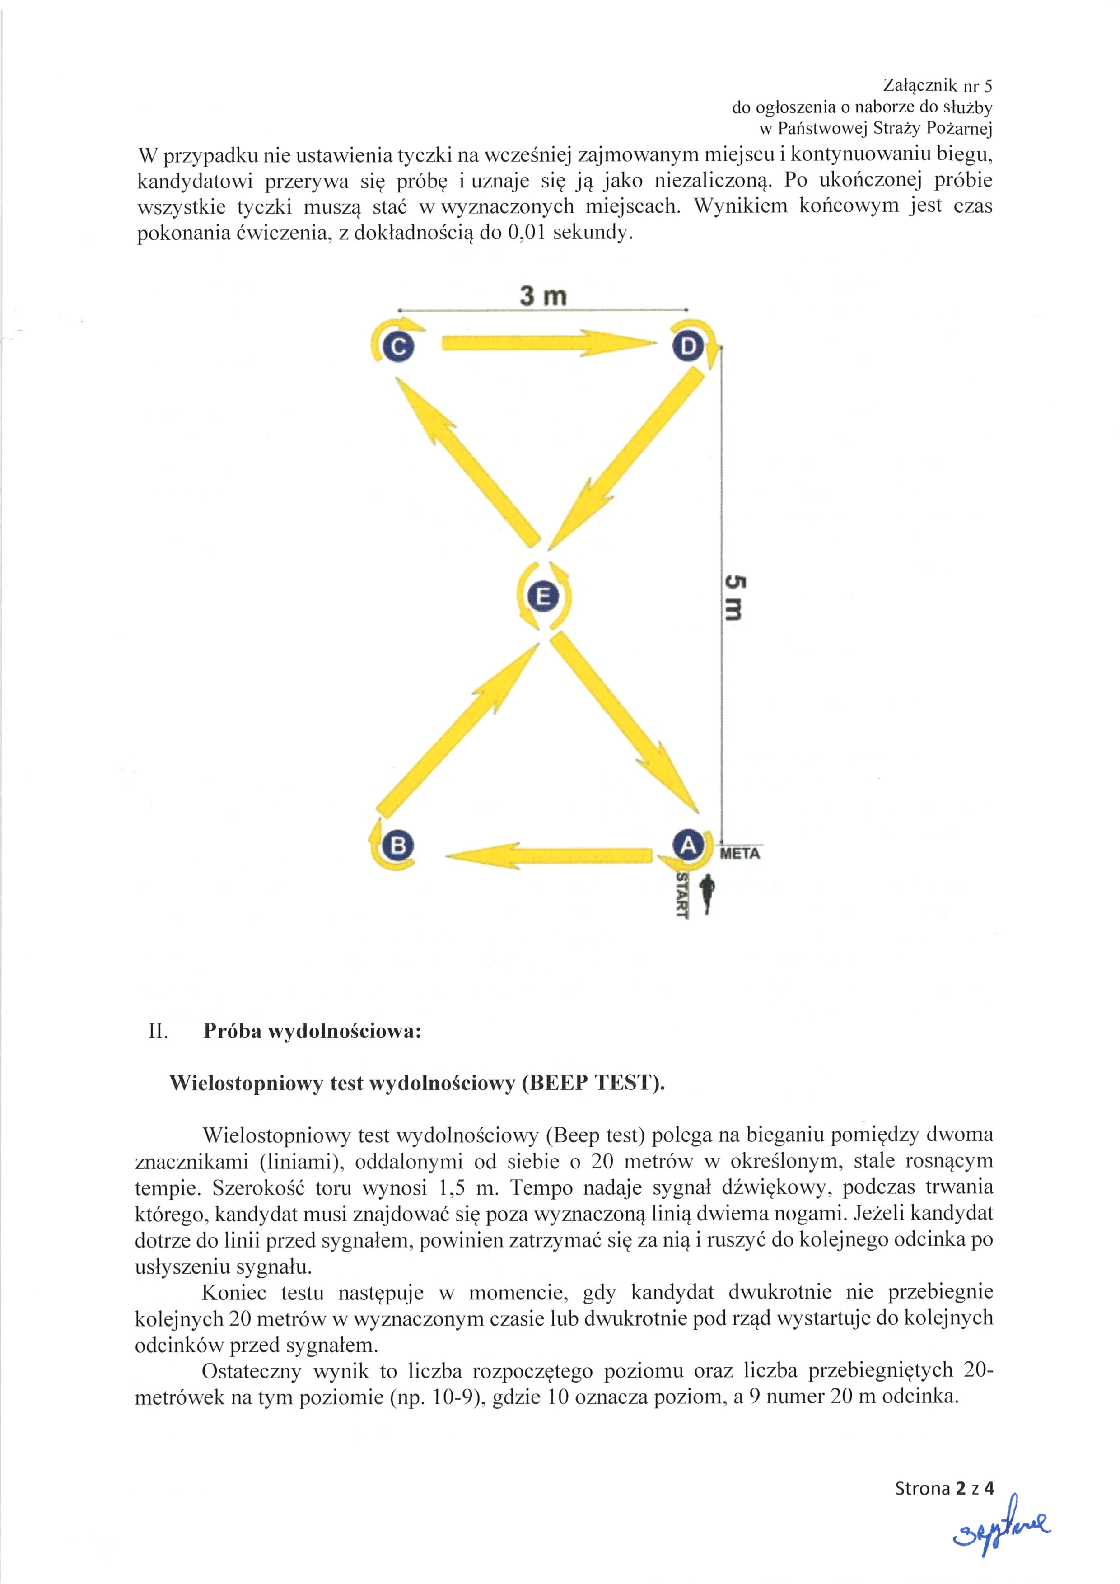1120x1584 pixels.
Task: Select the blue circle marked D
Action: (688, 346)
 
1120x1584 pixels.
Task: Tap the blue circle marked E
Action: (543, 595)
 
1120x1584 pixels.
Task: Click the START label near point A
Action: (682, 895)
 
